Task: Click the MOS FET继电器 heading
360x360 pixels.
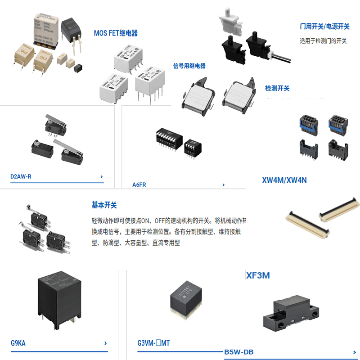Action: (x=116, y=33)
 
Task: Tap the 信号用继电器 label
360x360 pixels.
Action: (x=189, y=66)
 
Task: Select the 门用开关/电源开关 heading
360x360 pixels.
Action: (x=324, y=27)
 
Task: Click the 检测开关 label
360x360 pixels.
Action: (x=277, y=88)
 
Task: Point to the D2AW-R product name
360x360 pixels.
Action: (x=21, y=176)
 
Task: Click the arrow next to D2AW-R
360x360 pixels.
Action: (x=102, y=177)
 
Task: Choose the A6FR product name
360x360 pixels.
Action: (x=139, y=184)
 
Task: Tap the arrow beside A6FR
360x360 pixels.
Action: (x=224, y=184)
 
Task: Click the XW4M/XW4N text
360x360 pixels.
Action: (x=284, y=180)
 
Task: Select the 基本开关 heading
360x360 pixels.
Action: (x=104, y=205)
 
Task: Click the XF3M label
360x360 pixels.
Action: (x=258, y=275)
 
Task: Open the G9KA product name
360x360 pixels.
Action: (x=18, y=343)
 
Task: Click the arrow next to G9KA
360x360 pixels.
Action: (x=105, y=343)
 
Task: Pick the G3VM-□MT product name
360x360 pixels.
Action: (x=153, y=343)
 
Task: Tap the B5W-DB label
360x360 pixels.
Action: (x=238, y=352)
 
